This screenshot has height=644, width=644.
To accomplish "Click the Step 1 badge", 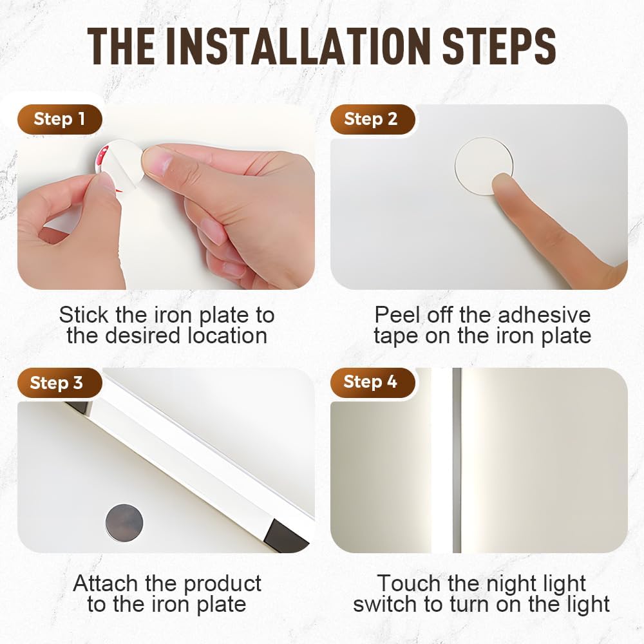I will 59,119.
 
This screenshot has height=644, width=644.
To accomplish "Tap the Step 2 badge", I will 371,119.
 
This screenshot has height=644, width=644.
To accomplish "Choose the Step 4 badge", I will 371,382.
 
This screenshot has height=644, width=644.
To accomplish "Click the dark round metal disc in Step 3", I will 124,522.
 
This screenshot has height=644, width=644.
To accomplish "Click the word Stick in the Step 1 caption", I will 84,315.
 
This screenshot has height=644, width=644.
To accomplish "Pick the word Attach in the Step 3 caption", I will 106,583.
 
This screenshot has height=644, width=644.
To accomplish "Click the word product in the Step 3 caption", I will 222,583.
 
